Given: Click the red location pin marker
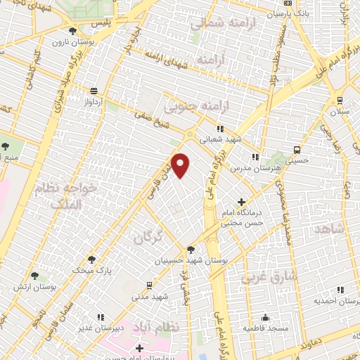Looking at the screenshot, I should tap(181, 165).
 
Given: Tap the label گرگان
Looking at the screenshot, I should tap(148, 238).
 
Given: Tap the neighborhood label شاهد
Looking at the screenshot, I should tap(330, 230).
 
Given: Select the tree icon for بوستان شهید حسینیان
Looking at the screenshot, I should tap(191, 250).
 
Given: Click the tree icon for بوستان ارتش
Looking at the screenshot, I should tap(34, 276).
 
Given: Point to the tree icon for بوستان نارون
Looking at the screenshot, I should tap(73, 31).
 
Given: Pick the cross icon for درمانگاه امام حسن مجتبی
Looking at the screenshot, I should tap(243, 202).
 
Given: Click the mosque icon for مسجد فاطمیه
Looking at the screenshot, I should tap(265, 317).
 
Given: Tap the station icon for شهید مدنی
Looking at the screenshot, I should tap(149, 285).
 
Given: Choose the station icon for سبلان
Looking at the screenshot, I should tap(340, 100).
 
